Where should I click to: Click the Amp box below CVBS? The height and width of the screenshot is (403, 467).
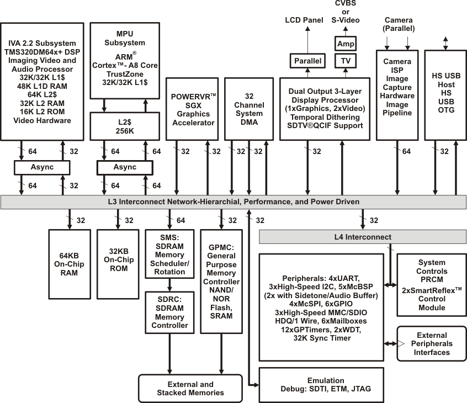(346, 43)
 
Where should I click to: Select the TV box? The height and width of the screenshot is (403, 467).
(346, 61)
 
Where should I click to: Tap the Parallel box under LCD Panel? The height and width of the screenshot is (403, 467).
(307, 61)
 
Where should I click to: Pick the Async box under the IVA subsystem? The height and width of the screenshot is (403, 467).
(42, 167)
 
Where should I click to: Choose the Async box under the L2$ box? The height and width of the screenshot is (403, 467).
(124, 167)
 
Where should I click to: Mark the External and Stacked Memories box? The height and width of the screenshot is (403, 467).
(190, 388)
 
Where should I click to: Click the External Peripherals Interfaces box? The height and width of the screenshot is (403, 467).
(432, 343)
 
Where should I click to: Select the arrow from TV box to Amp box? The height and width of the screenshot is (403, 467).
(346, 52)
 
